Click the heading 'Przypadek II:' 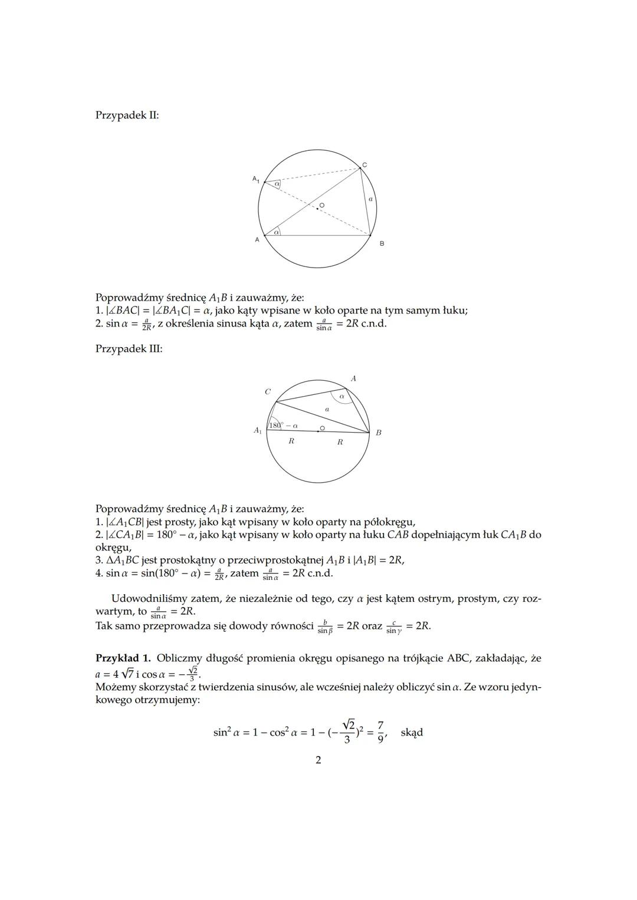[127, 115]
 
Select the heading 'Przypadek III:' [129, 348]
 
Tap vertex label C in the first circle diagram [365, 165]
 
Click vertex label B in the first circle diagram [382, 243]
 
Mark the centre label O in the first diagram [322, 205]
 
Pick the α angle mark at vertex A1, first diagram [276, 184]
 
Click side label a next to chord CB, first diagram [370, 200]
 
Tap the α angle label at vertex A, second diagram [342, 397]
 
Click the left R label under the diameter [291, 441]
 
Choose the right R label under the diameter [340, 441]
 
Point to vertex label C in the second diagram [268, 391]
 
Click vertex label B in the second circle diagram [379, 433]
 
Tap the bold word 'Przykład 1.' [123, 658]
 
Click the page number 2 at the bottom [318, 760]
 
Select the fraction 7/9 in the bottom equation [381, 732]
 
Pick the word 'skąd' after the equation [412, 733]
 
